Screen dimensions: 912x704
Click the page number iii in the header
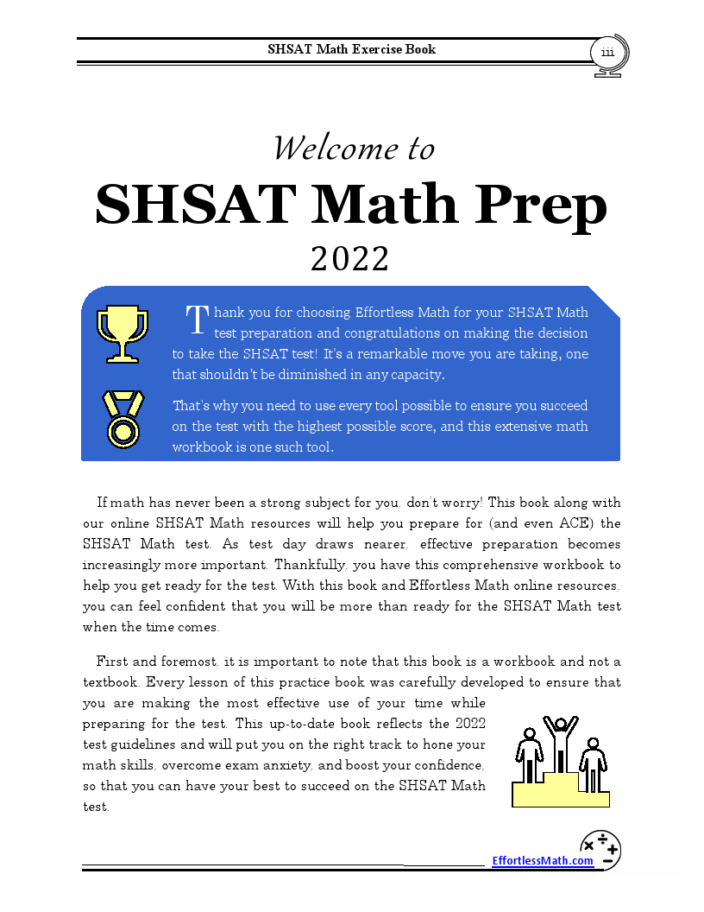pyautogui.click(x=607, y=53)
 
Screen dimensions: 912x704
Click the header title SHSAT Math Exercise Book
pyautogui.click(x=352, y=49)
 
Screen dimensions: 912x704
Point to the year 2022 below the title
pyautogui.click(x=350, y=258)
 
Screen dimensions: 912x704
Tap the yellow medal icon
pyautogui.click(x=123, y=419)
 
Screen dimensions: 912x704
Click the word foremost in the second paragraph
pyautogui.click(x=190, y=662)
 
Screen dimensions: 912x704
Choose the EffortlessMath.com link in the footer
pyautogui.click(x=543, y=860)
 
